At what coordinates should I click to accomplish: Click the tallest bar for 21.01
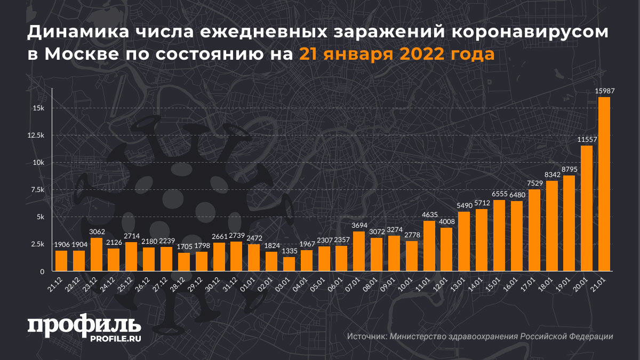pos(604,184)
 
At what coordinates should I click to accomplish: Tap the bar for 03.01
pos(289,264)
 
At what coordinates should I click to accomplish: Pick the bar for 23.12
pos(96,254)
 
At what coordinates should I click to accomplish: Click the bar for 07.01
pos(359,251)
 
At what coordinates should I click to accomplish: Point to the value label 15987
pos(604,91)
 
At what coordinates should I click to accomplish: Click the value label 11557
pos(587,140)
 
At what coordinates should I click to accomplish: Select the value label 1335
pos(289,251)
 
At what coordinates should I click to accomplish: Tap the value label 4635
pos(429,215)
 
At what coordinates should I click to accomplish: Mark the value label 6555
pos(499,194)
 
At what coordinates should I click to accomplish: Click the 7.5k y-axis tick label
pos(37,190)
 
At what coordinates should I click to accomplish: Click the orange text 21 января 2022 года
pos(396,54)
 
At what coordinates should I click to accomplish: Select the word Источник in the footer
pos(366,337)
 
